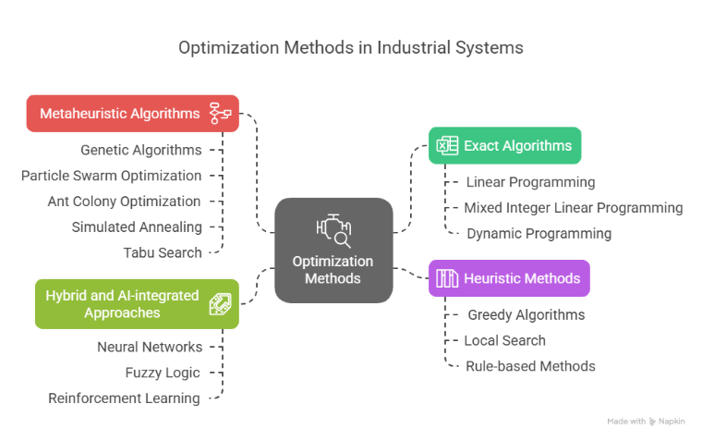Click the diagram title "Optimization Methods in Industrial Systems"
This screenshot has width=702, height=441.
(x=350, y=48)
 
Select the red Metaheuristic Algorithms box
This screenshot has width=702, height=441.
(x=132, y=114)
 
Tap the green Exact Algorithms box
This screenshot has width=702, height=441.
(x=504, y=145)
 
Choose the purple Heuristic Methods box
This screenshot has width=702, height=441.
(x=508, y=277)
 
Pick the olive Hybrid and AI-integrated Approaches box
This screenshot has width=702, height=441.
(x=137, y=303)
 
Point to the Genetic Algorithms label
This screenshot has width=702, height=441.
(x=140, y=149)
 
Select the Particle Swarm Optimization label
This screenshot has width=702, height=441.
(x=111, y=175)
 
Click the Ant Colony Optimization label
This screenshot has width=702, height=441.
(x=124, y=201)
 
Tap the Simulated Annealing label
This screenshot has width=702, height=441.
(x=137, y=226)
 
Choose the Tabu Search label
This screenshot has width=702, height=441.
(x=162, y=251)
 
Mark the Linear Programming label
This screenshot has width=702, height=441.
(x=530, y=182)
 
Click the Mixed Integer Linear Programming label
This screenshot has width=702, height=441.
(x=574, y=208)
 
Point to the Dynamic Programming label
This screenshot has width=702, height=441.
(x=539, y=234)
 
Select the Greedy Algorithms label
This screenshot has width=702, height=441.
(x=526, y=314)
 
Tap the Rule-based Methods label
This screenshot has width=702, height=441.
(x=530, y=366)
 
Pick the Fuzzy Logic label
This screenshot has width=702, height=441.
(x=163, y=373)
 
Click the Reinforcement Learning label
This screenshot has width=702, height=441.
(x=124, y=398)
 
